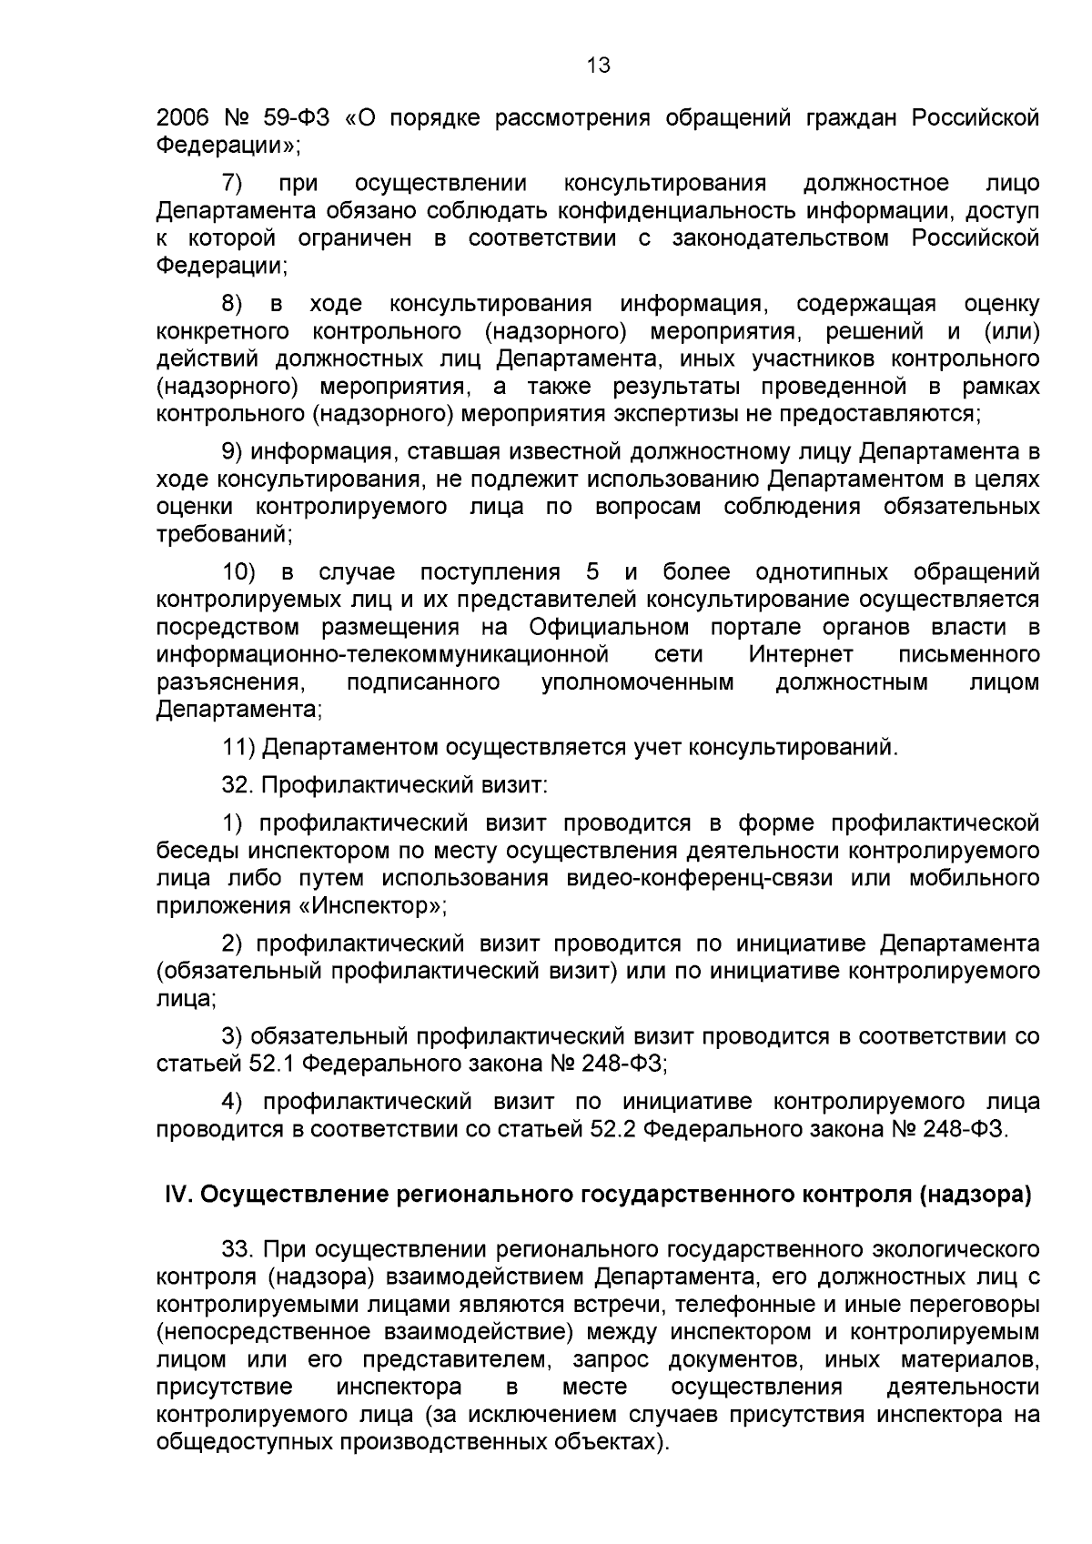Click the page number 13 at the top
click(599, 66)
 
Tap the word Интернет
click(801, 654)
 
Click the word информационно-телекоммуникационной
click(382, 654)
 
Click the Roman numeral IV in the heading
click(175, 1195)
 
